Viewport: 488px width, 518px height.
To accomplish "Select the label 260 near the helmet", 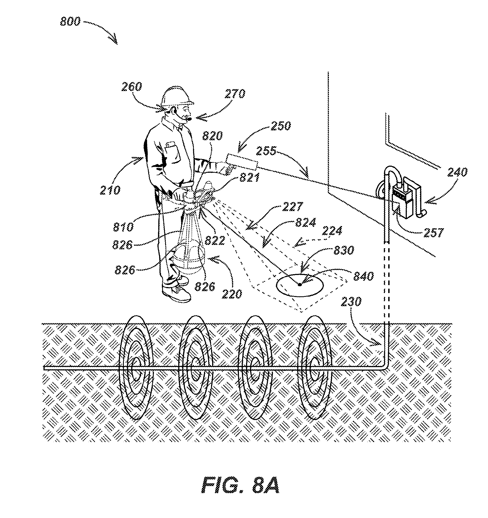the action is [132, 87].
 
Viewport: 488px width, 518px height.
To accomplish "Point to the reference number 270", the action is [235, 94].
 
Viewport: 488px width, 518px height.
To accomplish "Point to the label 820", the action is [213, 136].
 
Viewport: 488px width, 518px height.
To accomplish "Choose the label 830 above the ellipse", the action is [344, 250].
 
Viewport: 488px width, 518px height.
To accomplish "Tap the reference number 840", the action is [363, 276].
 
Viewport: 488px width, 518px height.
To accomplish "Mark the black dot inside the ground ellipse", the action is [300, 285].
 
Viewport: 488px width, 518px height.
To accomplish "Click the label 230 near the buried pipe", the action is [351, 302].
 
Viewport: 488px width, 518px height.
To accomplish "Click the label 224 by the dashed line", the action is [332, 231].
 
